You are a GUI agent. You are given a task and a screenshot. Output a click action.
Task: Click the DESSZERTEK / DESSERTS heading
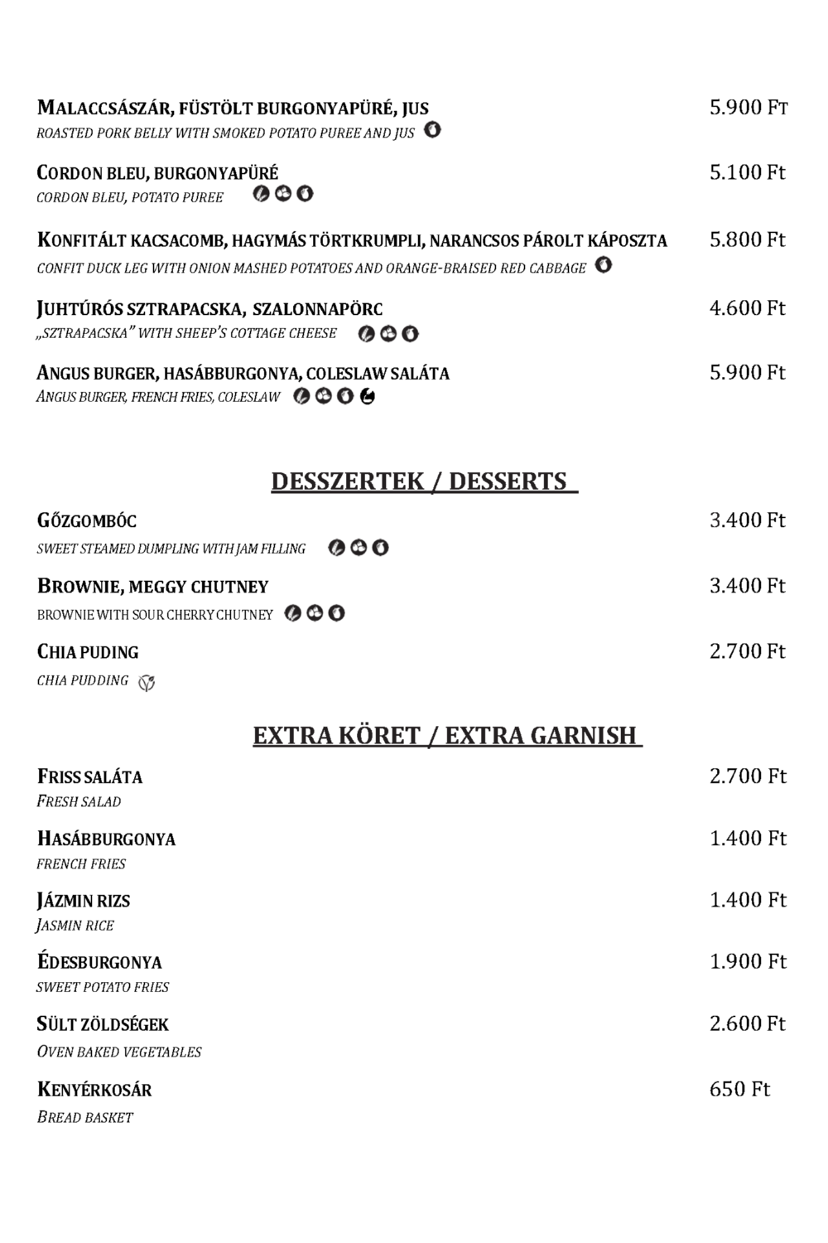(423, 481)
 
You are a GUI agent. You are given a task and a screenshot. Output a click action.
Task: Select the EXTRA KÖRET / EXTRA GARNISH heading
(447, 735)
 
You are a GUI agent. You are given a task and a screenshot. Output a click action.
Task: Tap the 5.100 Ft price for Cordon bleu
(747, 172)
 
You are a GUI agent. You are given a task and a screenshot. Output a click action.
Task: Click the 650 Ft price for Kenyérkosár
(739, 1089)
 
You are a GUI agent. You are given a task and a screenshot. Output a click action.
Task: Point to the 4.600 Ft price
(747, 308)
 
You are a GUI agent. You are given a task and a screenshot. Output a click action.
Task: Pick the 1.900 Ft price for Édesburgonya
(747, 961)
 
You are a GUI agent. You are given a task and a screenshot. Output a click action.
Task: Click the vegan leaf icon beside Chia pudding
(147, 683)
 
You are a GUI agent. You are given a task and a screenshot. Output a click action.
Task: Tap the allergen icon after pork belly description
(432, 130)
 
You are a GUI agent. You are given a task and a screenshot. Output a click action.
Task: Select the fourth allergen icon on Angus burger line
(368, 397)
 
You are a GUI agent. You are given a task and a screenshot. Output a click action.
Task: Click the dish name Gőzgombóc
(87, 521)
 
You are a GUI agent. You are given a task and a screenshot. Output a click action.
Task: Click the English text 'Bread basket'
(85, 1117)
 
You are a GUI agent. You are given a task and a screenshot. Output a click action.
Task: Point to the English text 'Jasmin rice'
(75, 925)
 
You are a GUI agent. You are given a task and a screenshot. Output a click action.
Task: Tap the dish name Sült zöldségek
(103, 1024)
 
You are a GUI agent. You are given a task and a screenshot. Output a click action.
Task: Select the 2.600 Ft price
(747, 1023)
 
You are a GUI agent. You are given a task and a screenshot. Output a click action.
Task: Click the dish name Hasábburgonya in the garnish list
(106, 839)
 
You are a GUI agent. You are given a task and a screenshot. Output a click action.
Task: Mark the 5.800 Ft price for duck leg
(747, 239)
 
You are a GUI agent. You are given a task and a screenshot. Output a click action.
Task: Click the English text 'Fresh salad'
(79, 801)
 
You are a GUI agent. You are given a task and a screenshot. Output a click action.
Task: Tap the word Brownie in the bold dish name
(79, 587)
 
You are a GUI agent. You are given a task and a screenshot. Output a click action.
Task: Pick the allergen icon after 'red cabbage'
(604, 265)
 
